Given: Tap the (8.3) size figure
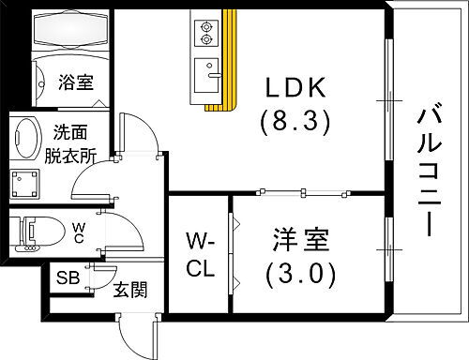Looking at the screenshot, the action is [x=294, y=124].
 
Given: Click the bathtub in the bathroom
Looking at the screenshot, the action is [x=71, y=32].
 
